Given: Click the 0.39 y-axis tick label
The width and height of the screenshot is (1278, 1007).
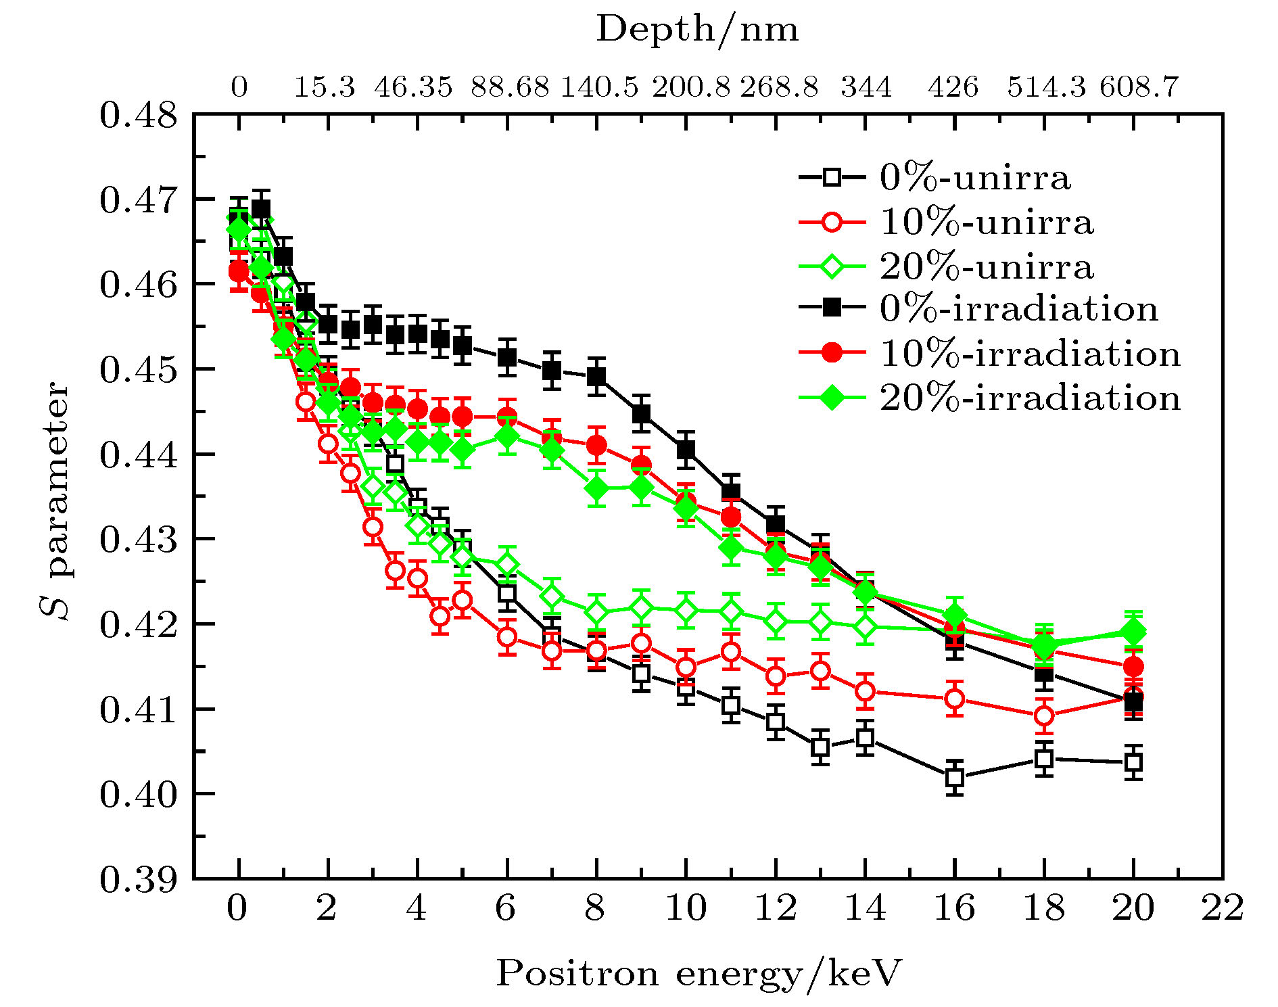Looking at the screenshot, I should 129,879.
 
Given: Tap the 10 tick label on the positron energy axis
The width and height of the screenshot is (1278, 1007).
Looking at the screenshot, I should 686,908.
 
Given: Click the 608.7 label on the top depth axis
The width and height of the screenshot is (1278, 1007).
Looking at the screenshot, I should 1139,87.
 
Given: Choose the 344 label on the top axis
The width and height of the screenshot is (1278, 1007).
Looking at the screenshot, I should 866,87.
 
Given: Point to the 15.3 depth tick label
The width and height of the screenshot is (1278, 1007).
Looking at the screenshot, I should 324,87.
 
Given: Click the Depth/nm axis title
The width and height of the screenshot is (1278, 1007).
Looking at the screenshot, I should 697,30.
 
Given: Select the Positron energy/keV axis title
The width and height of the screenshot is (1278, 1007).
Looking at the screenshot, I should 699,974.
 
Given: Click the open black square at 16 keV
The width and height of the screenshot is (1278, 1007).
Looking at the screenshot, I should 954,777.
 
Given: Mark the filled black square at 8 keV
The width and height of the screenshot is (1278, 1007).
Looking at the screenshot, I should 596,376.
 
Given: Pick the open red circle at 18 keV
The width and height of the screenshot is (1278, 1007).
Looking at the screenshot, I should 1044,715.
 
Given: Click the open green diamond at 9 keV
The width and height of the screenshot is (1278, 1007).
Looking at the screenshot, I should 642,608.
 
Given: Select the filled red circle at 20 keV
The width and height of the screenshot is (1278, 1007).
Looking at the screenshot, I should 1133,667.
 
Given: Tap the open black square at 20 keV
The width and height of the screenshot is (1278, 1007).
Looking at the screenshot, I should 1133,762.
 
